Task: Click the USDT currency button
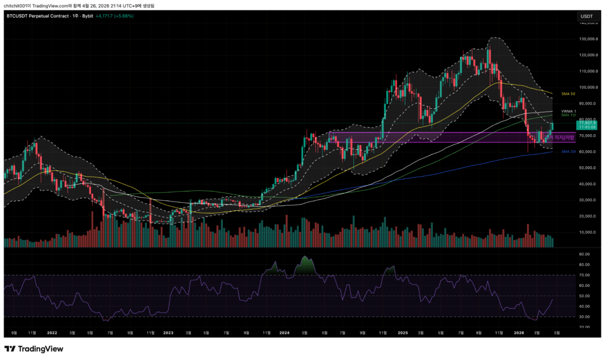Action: click(587, 16)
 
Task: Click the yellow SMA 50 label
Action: click(568, 93)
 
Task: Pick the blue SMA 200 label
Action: click(568, 152)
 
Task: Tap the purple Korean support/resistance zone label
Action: click(564, 138)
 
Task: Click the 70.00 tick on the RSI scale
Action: click(585, 275)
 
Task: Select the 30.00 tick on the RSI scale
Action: click(585, 316)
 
